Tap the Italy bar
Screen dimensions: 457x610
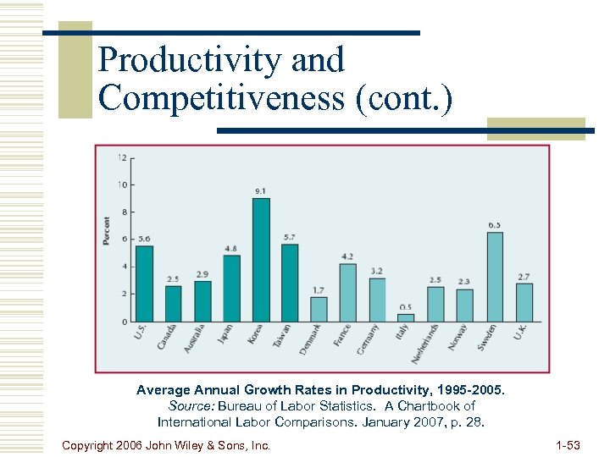click(406, 317)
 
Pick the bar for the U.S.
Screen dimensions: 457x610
click(144, 284)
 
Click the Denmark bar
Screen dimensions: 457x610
click(319, 309)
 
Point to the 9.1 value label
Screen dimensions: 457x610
click(260, 191)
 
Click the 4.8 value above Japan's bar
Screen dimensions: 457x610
click(230, 249)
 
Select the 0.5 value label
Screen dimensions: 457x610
click(406, 307)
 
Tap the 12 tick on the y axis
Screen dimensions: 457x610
click(123, 157)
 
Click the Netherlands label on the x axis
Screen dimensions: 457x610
click(426, 344)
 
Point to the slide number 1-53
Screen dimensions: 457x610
click(568, 444)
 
